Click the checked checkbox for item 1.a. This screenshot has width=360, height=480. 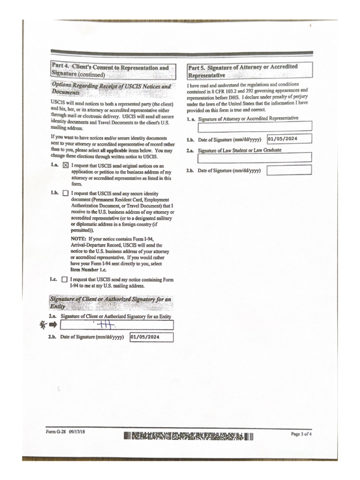tap(65, 165)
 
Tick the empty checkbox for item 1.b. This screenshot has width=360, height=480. tap(65, 193)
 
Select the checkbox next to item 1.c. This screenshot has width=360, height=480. tap(65, 280)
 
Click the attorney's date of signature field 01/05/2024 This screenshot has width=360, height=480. tap(289, 139)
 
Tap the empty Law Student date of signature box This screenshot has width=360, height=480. tap(289, 170)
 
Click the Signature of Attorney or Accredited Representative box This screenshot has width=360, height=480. tap(255, 126)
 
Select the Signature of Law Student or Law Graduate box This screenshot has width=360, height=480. tap(255, 157)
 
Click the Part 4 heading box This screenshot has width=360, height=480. tap(113, 71)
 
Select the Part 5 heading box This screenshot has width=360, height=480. tap(249, 71)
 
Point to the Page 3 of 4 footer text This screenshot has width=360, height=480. tap(301, 434)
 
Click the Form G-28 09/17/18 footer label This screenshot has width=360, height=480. tap(66, 432)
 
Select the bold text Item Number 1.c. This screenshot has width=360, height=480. tap(89, 270)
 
